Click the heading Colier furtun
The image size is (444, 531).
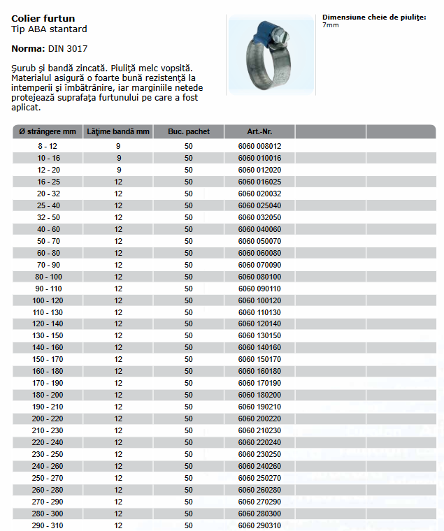[x=43, y=18]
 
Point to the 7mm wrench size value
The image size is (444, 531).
[x=330, y=25]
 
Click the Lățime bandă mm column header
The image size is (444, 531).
[x=118, y=131]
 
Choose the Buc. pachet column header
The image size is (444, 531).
[x=188, y=131]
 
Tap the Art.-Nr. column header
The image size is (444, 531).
[x=259, y=131]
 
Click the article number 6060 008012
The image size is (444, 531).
[x=259, y=146]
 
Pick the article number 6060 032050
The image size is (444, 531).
[x=259, y=217]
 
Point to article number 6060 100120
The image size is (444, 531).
[x=259, y=300]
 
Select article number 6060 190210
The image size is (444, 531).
[x=259, y=407]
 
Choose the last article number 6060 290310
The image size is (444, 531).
[x=259, y=525]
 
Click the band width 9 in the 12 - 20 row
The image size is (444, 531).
[x=118, y=170]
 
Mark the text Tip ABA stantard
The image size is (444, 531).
[x=50, y=29]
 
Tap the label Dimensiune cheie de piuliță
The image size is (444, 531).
[x=374, y=17]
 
